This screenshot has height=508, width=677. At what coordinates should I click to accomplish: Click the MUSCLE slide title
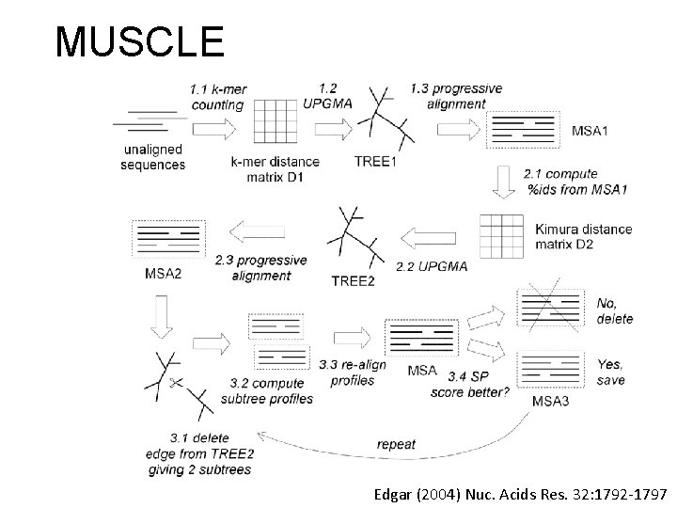[x=139, y=41]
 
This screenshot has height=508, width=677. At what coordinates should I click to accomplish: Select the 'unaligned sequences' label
[x=153, y=157]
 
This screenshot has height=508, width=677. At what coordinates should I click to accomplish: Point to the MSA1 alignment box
[x=523, y=130]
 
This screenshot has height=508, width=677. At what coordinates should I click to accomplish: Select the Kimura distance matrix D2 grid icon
[x=501, y=235]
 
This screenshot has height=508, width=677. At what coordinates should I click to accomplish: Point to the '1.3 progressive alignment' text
[x=455, y=97]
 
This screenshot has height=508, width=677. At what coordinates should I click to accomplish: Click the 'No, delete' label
[x=615, y=311]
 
